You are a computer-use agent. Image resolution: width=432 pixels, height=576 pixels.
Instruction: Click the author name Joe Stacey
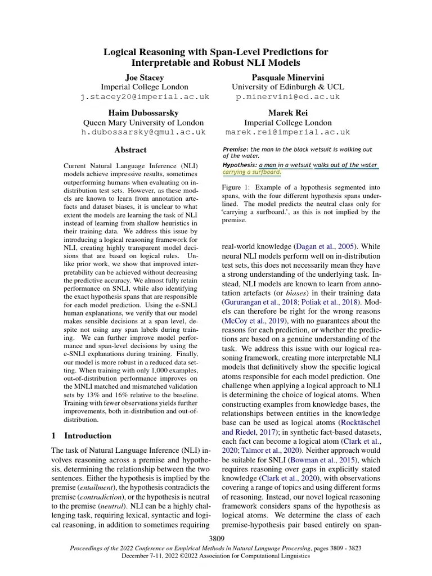tap(145, 76)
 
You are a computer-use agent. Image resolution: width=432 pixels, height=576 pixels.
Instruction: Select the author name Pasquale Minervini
tap(287, 76)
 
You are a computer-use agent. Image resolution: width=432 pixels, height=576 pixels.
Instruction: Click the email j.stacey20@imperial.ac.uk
tap(145, 97)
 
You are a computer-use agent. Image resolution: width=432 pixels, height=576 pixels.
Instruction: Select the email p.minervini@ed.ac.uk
tap(287, 97)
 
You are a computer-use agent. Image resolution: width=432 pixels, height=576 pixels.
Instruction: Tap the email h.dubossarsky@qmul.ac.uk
tap(145, 132)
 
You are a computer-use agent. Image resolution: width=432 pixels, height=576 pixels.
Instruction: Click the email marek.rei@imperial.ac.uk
tap(287, 132)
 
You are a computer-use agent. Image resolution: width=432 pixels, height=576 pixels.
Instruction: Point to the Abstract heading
tap(130, 150)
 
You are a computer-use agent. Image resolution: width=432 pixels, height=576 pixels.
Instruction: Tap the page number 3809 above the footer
tap(216, 538)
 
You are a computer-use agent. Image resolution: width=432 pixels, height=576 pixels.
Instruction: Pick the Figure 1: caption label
tap(240, 187)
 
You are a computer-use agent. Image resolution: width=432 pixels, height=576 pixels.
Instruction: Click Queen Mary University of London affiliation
tap(145, 123)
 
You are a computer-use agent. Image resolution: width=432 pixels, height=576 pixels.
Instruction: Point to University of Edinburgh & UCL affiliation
tap(287, 87)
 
